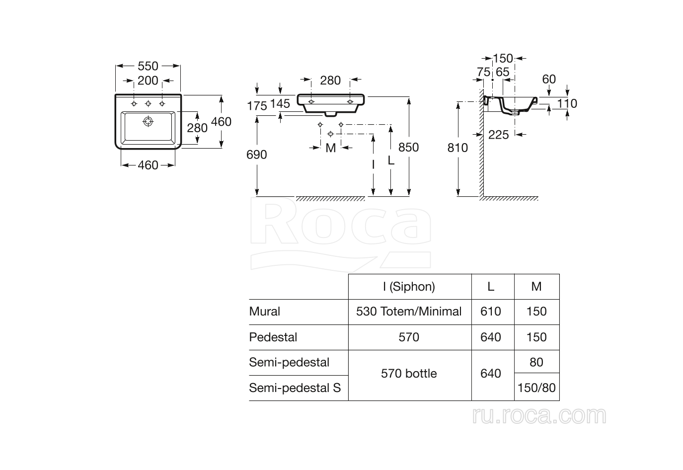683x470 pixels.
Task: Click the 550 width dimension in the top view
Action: click(x=148, y=66)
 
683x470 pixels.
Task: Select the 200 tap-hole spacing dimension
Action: click(x=148, y=80)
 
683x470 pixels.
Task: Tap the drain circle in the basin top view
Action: click(x=148, y=121)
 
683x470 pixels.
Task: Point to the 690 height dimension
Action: click(x=257, y=155)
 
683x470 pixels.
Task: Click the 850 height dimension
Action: click(x=408, y=147)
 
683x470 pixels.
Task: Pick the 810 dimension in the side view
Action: click(x=457, y=148)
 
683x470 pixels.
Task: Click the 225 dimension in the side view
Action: click(x=498, y=135)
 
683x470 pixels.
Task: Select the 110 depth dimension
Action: click(x=567, y=103)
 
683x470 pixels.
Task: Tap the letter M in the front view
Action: click(x=331, y=148)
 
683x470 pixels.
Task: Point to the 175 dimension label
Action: click(x=257, y=106)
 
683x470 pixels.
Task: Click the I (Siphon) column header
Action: click(x=409, y=287)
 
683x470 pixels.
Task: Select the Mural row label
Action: click(x=265, y=312)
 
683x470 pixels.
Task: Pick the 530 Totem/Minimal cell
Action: click(x=409, y=312)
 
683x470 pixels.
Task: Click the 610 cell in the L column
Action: click(x=491, y=312)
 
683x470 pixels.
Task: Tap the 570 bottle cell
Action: click(x=409, y=374)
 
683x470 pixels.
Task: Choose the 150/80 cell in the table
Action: click(x=536, y=388)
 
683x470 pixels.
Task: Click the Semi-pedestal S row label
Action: click(x=295, y=388)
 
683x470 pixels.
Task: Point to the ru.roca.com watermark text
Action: click(x=539, y=415)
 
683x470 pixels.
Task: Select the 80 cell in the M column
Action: click(x=536, y=362)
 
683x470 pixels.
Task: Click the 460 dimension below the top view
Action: click(x=148, y=165)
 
